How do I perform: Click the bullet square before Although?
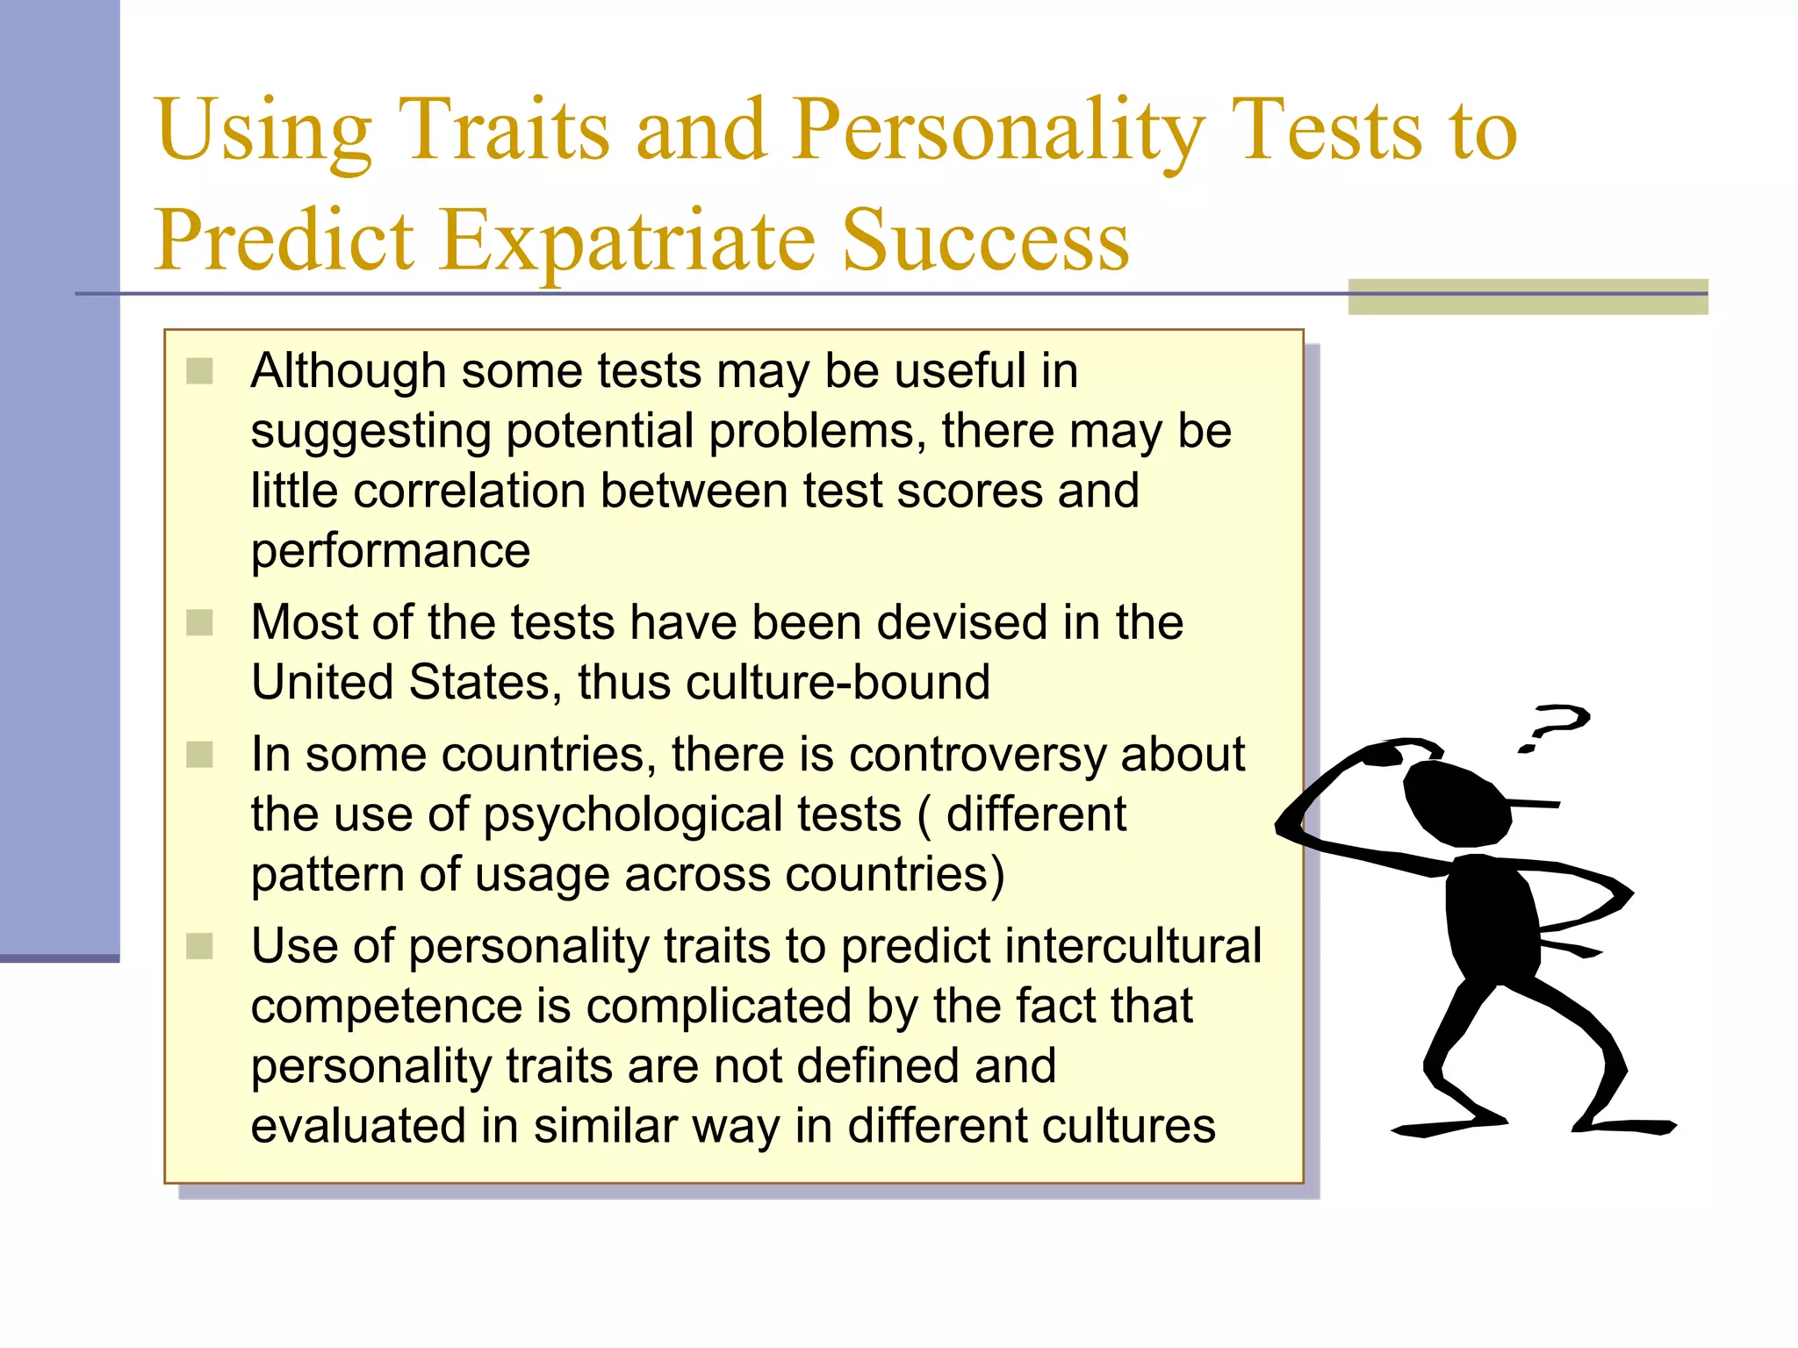[200, 371]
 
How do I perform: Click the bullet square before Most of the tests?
[200, 623]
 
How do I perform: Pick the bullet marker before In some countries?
[200, 755]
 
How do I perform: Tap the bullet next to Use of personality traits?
[200, 947]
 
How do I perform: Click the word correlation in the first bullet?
[469, 491]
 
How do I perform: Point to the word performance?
[391, 551]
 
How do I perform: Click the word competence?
[386, 1007]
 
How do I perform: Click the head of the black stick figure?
[1457, 803]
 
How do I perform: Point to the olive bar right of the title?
[1528, 297]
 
